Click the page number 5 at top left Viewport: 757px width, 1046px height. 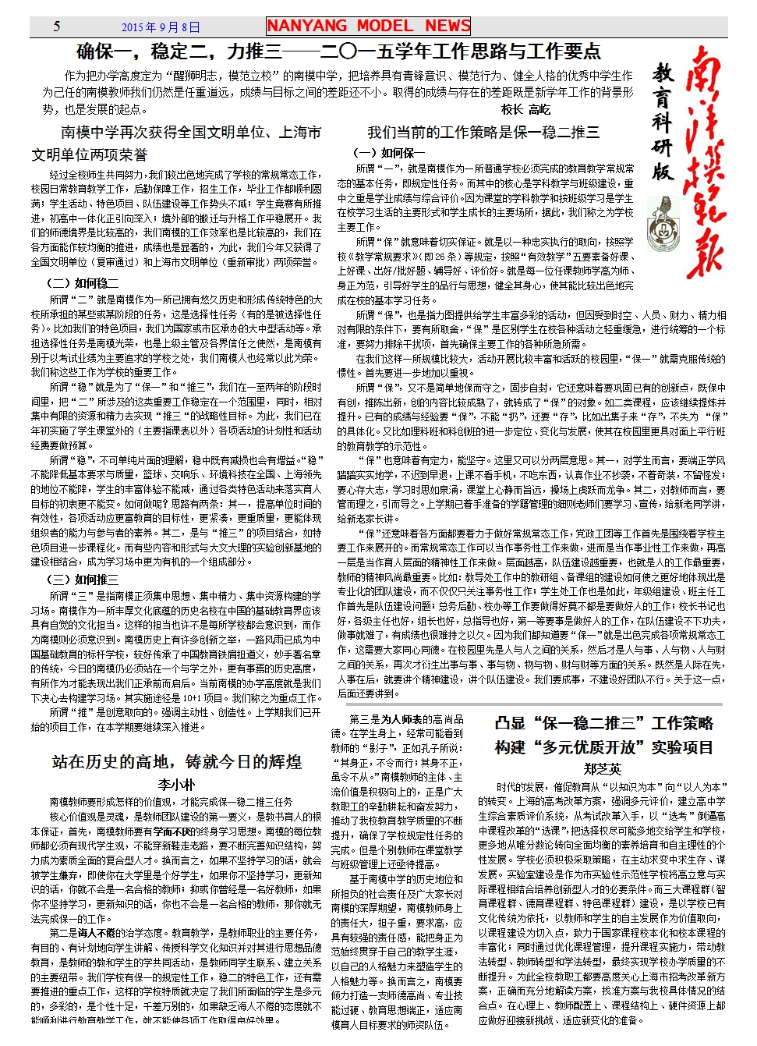[56, 27]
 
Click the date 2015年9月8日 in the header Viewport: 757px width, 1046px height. [161, 27]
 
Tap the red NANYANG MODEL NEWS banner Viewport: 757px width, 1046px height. [368, 26]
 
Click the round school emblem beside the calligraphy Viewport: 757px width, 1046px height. [663, 221]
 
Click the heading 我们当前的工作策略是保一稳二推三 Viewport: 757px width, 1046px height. [483, 132]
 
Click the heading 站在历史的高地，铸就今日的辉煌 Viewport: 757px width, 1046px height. [177, 761]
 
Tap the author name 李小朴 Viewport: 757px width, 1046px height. [176, 785]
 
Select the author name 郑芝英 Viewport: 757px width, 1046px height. [602, 769]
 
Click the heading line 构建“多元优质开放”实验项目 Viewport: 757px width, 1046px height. [603, 747]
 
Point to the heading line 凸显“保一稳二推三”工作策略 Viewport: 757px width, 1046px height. [603, 723]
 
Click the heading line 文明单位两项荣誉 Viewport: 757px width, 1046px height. [90, 154]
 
